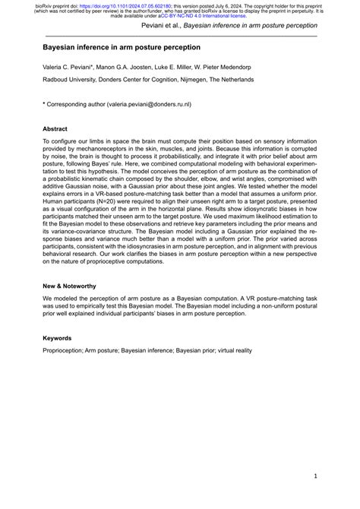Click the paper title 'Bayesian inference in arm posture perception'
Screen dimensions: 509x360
point(112,46)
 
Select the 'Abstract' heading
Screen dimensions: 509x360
point(55,129)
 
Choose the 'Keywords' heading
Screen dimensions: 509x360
point(58,337)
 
